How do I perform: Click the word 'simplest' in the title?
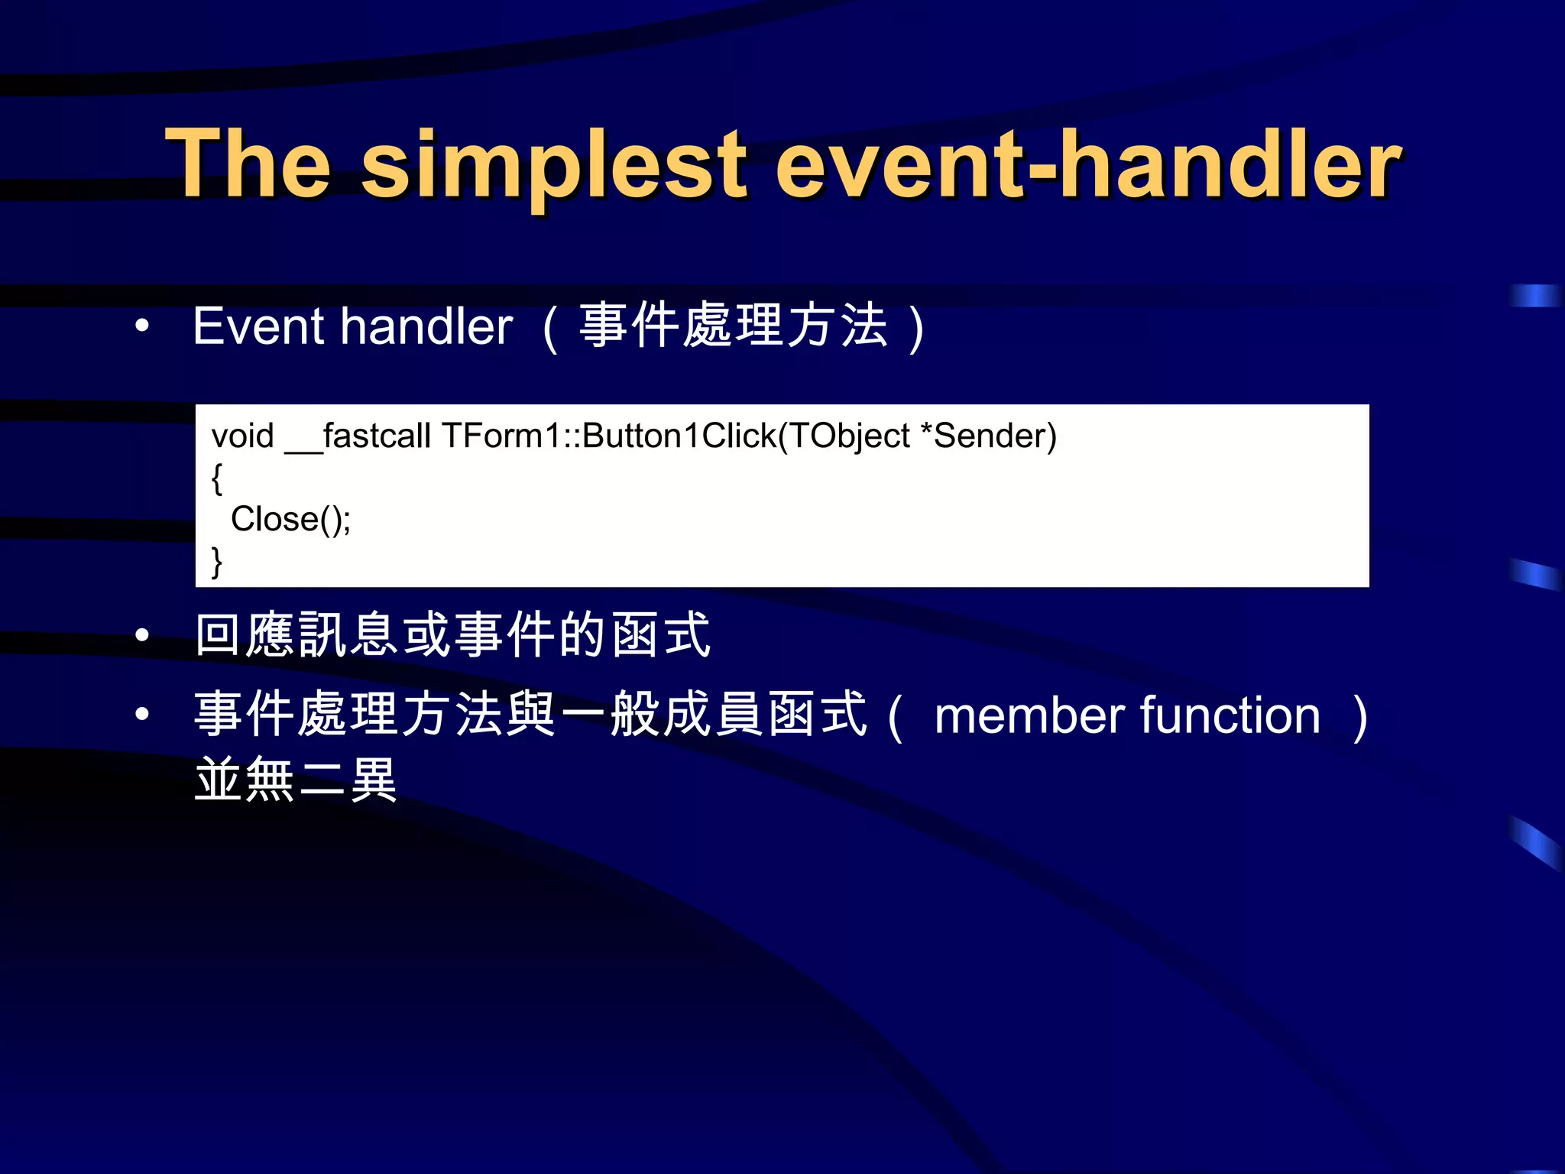(554, 164)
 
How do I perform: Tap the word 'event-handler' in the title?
(1089, 164)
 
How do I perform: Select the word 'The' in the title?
(248, 164)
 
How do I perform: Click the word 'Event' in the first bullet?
(259, 326)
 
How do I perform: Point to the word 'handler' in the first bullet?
(426, 326)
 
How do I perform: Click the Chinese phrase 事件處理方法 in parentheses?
(734, 326)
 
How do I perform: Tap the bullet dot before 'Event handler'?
(142, 326)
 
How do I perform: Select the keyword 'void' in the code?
(242, 436)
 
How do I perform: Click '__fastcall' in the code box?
(358, 436)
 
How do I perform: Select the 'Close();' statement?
(290, 520)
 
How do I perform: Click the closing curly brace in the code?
(217, 562)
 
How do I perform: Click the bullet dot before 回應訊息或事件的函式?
(142, 635)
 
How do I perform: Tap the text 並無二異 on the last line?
(296, 780)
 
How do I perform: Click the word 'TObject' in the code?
(848, 436)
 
